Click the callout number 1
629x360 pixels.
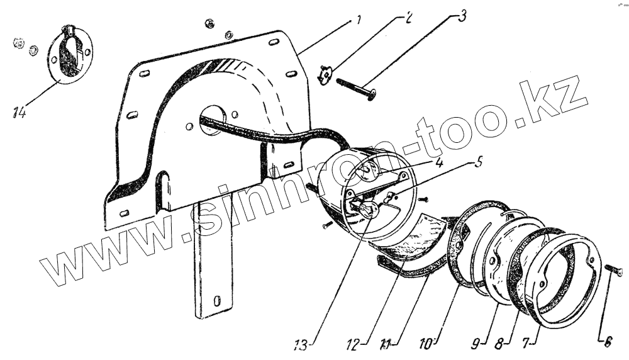[358, 20]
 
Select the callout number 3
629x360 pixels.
[462, 15]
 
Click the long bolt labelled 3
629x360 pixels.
[356, 87]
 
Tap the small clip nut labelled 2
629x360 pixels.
[325, 75]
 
